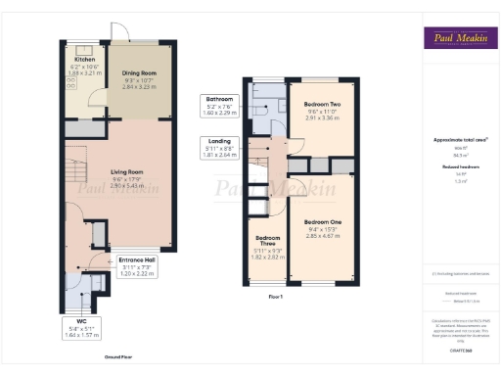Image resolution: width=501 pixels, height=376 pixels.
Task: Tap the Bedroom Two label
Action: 322,104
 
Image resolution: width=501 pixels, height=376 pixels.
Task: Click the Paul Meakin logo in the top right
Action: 457,39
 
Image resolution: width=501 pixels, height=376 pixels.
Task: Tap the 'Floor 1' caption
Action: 275,296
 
